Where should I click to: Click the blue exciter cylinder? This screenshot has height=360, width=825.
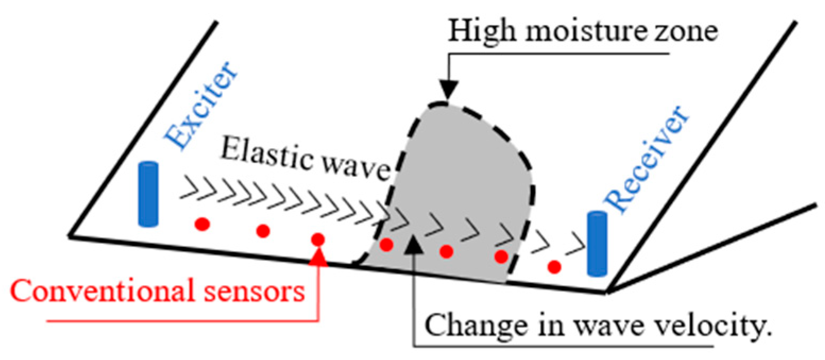click(148, 194)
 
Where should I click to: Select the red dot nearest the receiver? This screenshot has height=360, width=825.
click(555, 266)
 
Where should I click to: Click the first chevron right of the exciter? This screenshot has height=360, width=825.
click(187, 187)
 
